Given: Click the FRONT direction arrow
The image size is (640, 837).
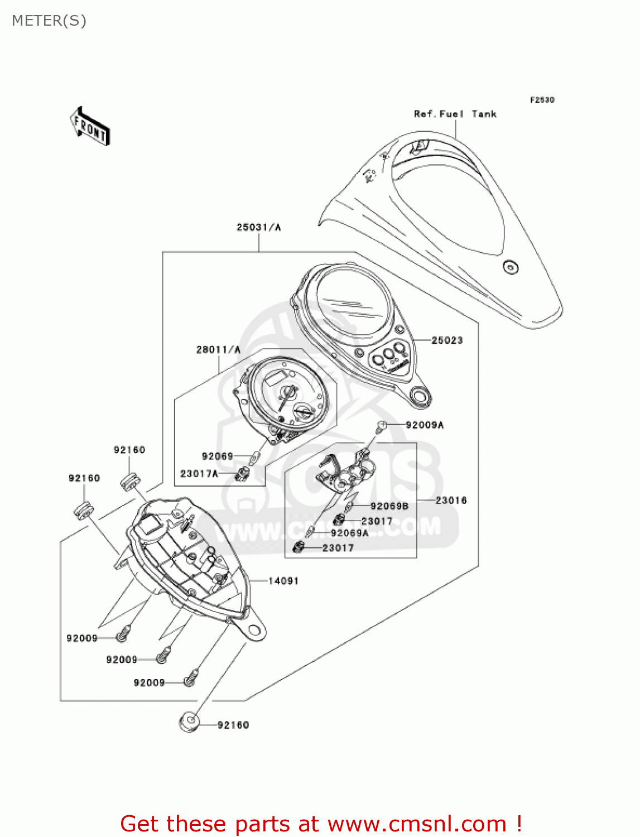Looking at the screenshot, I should (90, 126).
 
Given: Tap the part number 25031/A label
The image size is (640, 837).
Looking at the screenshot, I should (258, 227).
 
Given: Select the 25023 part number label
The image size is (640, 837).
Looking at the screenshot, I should (447, 340).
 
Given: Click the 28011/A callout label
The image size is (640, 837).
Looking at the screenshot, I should (218, 350).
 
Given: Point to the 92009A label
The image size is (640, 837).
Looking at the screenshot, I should (424, 425).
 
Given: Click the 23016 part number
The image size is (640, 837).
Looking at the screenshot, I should (451, 501).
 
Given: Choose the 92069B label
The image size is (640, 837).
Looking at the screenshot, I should (389, 506).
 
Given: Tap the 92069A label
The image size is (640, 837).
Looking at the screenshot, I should (349, 533).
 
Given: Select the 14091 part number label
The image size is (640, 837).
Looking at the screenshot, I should (283, 581).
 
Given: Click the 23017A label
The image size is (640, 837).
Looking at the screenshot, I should (199, 474).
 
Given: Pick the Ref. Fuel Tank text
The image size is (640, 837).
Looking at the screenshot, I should (455, 114).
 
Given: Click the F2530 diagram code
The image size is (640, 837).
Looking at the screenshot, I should (542, 100).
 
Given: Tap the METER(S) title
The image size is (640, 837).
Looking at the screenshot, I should (49, 21).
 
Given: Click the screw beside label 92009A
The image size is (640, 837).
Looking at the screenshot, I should (382, 426).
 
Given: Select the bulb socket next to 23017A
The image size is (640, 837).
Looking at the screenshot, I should (243, 474).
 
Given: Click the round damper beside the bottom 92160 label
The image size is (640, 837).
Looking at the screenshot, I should (189, 723).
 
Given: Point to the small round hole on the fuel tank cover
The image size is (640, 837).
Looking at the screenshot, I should (510, 267).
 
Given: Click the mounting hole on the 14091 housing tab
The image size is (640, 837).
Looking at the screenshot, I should (254, 631).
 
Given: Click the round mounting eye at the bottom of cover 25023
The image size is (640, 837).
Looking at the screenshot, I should (419, 396).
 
